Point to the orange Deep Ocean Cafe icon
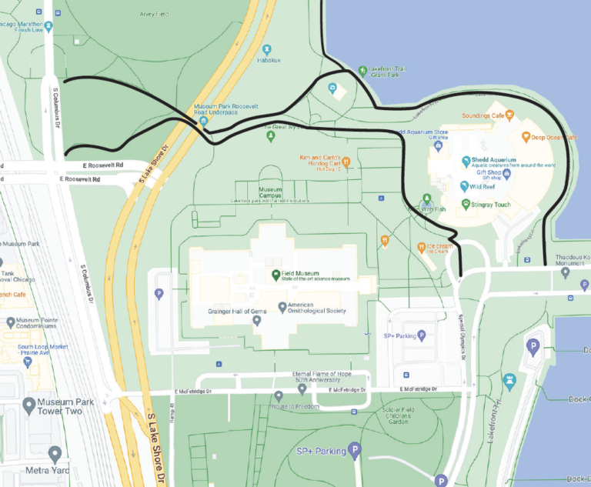pos(526,138)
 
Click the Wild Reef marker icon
pos(465,185)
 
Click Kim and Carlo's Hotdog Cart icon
pos(346,162)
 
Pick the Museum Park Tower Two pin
pos(29,404)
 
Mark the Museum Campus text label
pos(270,192)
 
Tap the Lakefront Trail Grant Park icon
pos(362,71)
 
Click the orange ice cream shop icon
pos(422,248)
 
